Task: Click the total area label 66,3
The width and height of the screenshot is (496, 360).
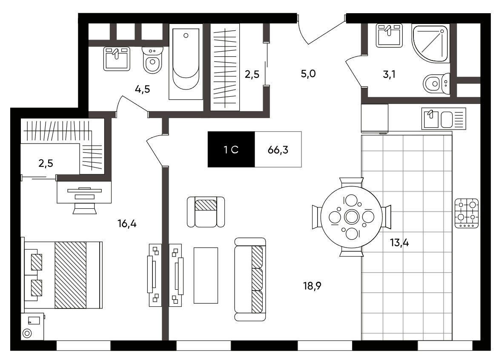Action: [x=278, y=150]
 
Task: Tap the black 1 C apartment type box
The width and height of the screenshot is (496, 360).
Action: [x=231, y=149]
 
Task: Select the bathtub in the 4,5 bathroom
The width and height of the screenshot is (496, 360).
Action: [x=186, y=62]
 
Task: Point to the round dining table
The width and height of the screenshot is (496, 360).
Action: [x=351, y=217]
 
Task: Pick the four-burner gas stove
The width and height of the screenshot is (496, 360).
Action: [x=467, y=213]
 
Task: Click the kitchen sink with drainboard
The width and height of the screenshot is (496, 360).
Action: [x=444, y=119]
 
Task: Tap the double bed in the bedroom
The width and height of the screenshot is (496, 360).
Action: [x=62, y=275]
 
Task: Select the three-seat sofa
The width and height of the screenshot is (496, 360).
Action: [x=250, y=279]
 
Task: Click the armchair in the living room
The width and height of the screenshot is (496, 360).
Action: [x=206, y=212]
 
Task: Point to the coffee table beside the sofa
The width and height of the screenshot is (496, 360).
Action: [x=206, y=276]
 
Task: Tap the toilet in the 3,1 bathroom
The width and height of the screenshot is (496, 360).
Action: [x=436, y=84]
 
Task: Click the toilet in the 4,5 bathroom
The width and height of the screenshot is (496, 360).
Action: [x=153, y=60]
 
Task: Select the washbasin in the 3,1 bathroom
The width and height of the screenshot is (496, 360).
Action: [x=390, y=35]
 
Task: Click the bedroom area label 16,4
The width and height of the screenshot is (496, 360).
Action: [x=127, y=224]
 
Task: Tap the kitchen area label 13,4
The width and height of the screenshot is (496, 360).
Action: [x=399, y=243]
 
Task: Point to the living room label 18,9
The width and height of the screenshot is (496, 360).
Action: [x=312, y=286]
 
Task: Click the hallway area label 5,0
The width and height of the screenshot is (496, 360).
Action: [x=308, y=74]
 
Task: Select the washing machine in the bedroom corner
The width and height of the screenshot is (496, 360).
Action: [x=33, y=326]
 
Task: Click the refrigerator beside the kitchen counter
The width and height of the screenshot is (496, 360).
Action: [x=375, y=118]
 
